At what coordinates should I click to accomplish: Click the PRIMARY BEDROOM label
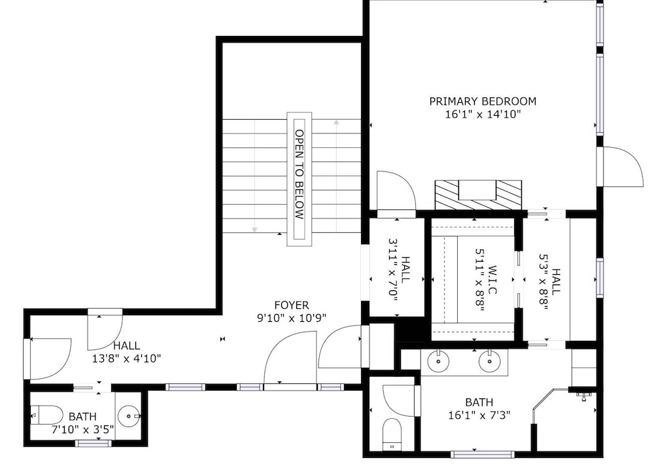click(x=483, y=101)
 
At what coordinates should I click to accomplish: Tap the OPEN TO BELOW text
click(x=299, y=175)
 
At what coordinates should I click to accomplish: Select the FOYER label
click(x=292, y=306)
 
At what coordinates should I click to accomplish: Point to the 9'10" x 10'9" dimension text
click(x=292, y=318)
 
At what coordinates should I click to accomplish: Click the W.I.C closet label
click(x=492, y=279)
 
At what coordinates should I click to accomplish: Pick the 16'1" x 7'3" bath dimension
click(x=479, y=415)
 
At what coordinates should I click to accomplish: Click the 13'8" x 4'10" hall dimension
click(x=126, y=359)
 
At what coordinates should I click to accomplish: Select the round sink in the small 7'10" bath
click(x=128, y=416)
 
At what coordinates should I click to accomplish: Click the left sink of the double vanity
click(x=438, y=361)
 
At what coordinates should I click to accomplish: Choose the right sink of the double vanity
click(x=490, y=361)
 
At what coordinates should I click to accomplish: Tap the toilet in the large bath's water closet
click(x=392, y=434)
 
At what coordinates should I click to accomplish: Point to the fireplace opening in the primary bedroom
click(x=477, y=190)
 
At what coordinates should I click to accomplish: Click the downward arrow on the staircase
click(x=254, y=175)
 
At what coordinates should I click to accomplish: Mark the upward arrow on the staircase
click(x=336, y=176)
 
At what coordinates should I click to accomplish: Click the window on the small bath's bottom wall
click(x=94, y=443)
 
